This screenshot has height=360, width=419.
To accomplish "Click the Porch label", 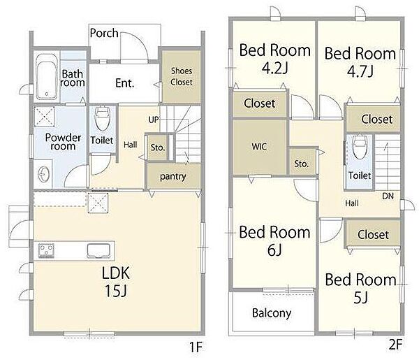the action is (104, 33).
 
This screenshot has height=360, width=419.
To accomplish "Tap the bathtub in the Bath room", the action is (47, 77).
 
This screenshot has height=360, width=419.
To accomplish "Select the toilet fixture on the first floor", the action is (103, 119).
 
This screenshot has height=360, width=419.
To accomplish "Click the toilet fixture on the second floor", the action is (359, 147).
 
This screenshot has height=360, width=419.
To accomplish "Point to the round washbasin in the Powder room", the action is (44, 174).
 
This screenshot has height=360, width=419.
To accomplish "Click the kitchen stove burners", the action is (46, 251).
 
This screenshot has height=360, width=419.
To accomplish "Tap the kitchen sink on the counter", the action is (98, 251).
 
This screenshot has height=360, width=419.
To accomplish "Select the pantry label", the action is (173, 177).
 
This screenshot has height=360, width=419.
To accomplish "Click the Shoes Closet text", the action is (182, 76).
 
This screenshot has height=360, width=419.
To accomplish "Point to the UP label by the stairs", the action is (154, 120).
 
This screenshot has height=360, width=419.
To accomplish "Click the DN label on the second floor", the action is (388, 196).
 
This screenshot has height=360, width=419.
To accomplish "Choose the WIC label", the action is (259, 147).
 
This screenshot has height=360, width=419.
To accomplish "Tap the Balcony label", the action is (272, 313).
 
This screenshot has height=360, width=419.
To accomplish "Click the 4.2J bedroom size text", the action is (274, 69).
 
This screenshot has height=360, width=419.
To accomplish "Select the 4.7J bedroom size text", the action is (360, 71).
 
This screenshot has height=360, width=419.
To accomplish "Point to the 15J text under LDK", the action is (115, 291).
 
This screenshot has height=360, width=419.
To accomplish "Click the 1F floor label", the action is (196, 347).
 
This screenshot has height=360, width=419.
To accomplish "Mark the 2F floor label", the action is (395, 345).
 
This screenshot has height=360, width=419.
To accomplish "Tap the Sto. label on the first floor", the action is (157, 147).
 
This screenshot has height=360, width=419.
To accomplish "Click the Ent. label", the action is (125, 83).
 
